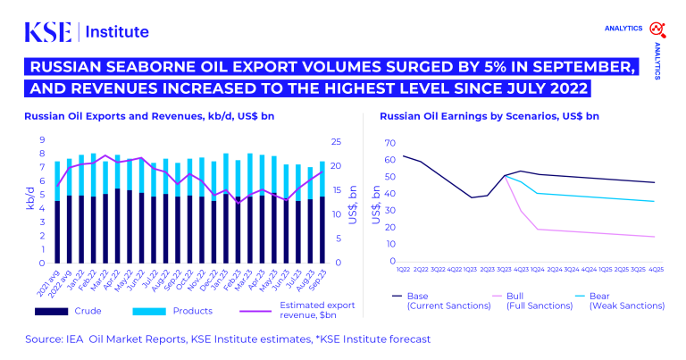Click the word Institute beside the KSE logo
tap(117, 32)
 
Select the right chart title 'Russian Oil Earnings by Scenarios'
tap(458, 116)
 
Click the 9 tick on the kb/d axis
tap(42, 140)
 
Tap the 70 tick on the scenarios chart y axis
tap(389, 143)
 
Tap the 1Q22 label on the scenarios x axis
tap(403, 269)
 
